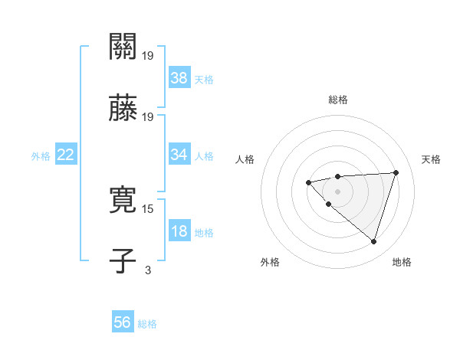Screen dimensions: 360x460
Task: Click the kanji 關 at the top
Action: coord(123,47)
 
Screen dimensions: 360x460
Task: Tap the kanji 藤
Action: coord(123,109)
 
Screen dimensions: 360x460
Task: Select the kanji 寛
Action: coord(123,201)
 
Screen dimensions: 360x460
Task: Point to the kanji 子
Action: coord(123,261)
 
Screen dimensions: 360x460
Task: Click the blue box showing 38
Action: coord(179,77)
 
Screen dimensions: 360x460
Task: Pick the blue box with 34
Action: coord(179,154)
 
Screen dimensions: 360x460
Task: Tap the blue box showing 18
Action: coord(179,231)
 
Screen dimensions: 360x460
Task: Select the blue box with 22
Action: coord(66,155)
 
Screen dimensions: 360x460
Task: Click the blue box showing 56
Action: coord(123,322)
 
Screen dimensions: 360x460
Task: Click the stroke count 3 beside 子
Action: coord(147,270)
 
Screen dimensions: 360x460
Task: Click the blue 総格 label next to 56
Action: coord(147,324)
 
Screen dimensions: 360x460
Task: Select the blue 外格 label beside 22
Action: coord(41,155)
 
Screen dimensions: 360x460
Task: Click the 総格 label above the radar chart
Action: coord(337,100)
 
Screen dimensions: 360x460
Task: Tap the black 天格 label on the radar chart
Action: coord(431,159)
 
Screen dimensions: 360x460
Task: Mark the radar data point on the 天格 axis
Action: coord(396,172)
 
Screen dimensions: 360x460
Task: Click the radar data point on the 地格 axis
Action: coord(373,241)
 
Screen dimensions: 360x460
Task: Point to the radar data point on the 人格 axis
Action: coord(308,182)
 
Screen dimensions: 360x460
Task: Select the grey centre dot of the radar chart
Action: coord(337,191)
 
